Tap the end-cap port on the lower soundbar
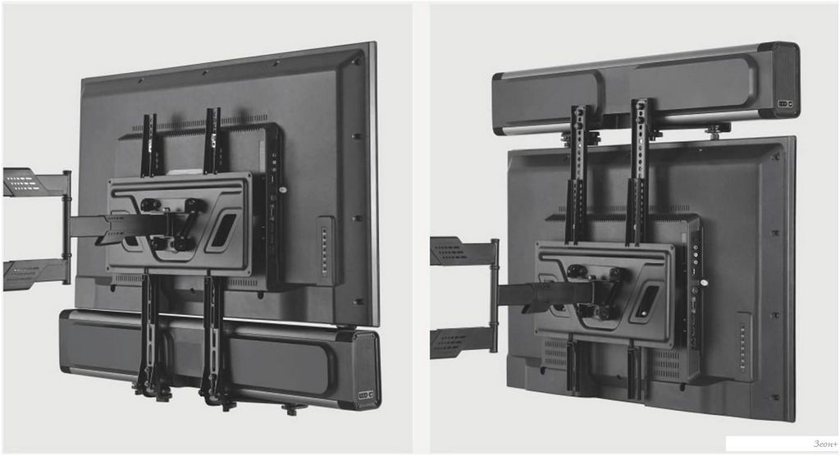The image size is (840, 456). click(365, 395)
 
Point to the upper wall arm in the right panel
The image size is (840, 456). click(460, 251)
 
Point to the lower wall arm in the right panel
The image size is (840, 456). click(460, 342)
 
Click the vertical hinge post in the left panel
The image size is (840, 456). click(66, 227)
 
